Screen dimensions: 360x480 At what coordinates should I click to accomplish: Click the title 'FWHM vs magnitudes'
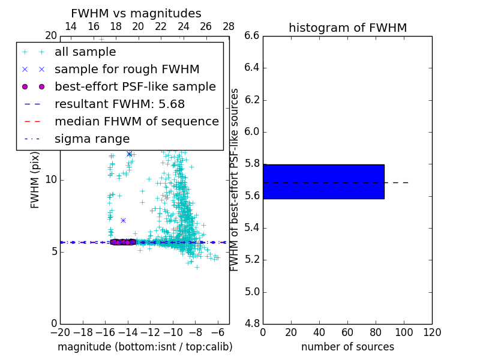tap(136, 14)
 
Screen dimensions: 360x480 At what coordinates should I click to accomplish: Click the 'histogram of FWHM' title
tap(347, 28)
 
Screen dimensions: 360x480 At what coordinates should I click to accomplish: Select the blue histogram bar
tap(323, 181)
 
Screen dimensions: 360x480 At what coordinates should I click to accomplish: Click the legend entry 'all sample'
tap(85, 52)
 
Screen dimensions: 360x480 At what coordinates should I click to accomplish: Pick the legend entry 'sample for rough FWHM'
tap(127, 69)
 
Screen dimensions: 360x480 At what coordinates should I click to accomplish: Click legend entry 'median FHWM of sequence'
tap(136, 121)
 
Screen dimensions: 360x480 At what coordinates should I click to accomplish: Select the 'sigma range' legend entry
tap(92, 139)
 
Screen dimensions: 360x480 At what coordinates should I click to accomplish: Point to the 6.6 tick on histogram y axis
tap(251, 36)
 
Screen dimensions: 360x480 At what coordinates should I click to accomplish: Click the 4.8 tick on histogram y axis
tap(251, 324)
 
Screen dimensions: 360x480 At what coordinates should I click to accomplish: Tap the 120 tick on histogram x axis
tap(432, 332)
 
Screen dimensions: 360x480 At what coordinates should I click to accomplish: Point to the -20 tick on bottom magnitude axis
tap(60, 332)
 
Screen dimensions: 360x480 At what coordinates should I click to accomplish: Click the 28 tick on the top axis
tap(229, 26)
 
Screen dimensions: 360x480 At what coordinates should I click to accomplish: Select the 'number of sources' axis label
tap(347, 347)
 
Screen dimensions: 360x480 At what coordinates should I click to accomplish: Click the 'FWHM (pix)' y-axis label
tap(35, 181)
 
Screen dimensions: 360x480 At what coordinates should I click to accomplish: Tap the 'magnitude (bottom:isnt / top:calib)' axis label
tap(145, 347)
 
